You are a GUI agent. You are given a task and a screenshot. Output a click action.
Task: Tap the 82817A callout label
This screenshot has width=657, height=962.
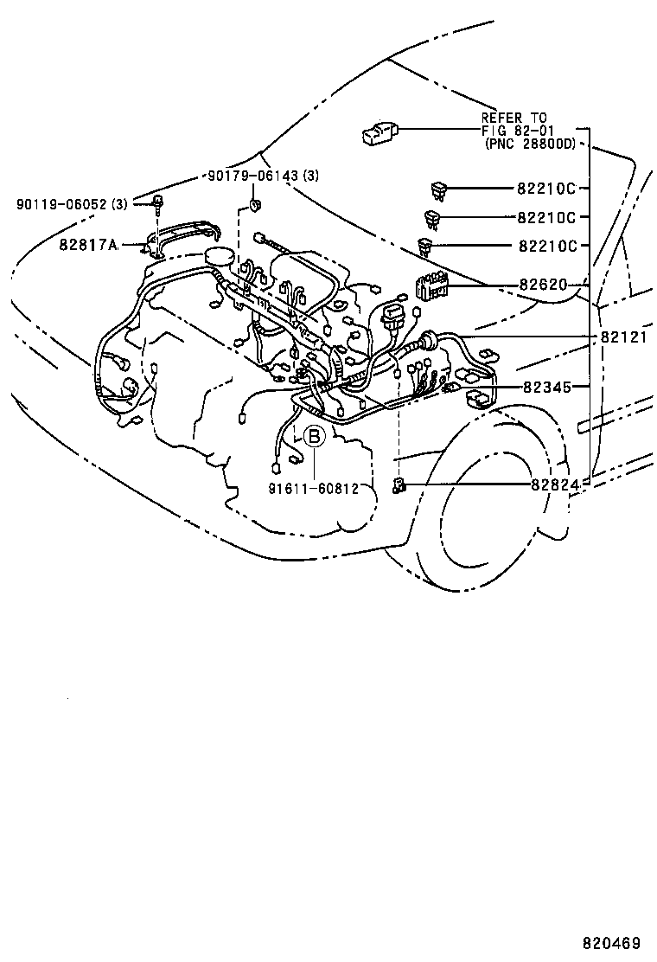pos(88,245)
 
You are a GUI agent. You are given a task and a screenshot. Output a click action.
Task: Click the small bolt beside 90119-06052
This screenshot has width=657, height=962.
pos(159,206)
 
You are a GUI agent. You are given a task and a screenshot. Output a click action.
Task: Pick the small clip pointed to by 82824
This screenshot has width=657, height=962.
pos(400,485)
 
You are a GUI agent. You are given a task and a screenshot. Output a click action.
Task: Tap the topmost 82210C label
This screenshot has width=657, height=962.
pos(546,188)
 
